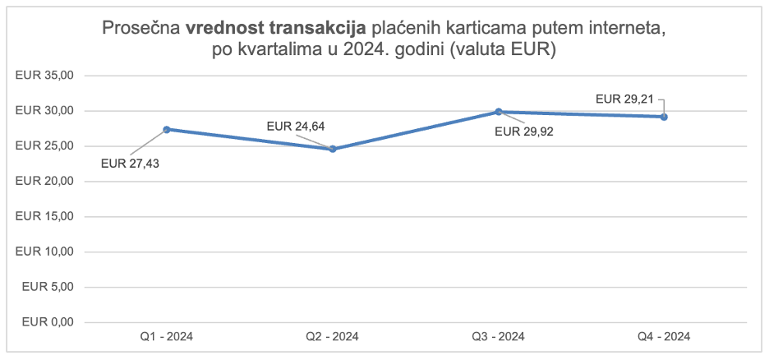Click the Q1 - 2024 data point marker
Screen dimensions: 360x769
tap(167, 129)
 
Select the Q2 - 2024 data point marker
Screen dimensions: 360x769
tap(333, 149)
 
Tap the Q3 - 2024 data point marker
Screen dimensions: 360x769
tap(499, 112)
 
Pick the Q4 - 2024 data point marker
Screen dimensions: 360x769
tap(664, 117)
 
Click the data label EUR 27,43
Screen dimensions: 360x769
tap(130, 163)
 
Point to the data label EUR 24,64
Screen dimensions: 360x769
tap(296, 126)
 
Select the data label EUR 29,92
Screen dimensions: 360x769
tap(524, 132)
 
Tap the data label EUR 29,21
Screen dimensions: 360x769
tap(624, 99)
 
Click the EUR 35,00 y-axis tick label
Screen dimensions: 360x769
tap(45, 76)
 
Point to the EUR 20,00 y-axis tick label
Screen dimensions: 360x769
tap(45, 181)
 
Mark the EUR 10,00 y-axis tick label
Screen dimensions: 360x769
tap(45, 252)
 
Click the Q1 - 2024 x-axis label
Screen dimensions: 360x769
tap(167, 336)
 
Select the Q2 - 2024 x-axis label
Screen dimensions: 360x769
tap(333, 336)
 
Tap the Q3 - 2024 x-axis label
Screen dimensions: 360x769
tap(499, 336)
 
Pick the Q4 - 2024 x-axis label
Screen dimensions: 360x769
tap(664, 336)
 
